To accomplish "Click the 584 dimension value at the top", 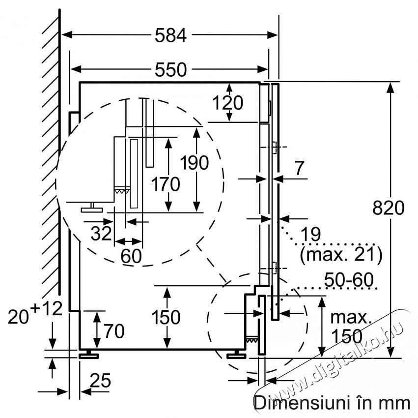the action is (x=170, y=35).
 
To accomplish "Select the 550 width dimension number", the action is (x=170, y=70).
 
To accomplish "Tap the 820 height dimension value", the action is (x=388, y=208).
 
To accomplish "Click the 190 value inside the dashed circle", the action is (x=195, y=163).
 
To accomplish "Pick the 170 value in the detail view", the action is (x=166, y=184).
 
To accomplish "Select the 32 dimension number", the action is (x=101, y=233).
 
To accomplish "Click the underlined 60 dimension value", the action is (x=131, y=256).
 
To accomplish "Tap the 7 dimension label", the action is (x=299, y=168).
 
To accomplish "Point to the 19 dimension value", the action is (x=311, y=235).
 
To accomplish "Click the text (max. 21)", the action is (x=341, y=255).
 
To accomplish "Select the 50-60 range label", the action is (x=349, y=280).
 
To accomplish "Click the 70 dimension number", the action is (x=114, y=331).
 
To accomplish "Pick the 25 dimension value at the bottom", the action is (x=100, y=380).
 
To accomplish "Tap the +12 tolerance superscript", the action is (x=46, y=309).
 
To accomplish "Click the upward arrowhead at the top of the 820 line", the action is (x=390, y=87).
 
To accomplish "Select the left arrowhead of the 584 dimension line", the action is (x=67, y=35).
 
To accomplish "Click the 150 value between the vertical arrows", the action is (x=166, y=317).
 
